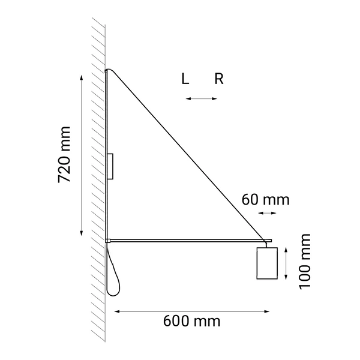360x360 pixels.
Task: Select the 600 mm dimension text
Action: point(191,320)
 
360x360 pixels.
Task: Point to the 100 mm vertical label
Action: point(305,262)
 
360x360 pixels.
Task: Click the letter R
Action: point(219,79)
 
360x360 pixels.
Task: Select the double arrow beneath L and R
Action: point(201,98)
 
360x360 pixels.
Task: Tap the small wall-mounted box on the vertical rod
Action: point(111,166)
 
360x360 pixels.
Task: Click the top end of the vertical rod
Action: point(107,70)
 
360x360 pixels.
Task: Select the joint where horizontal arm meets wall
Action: point(107,240)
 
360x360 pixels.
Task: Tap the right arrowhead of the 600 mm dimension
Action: point(267,311)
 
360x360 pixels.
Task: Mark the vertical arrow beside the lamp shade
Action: point(286,262)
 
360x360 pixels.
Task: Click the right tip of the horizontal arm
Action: point(271,240)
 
